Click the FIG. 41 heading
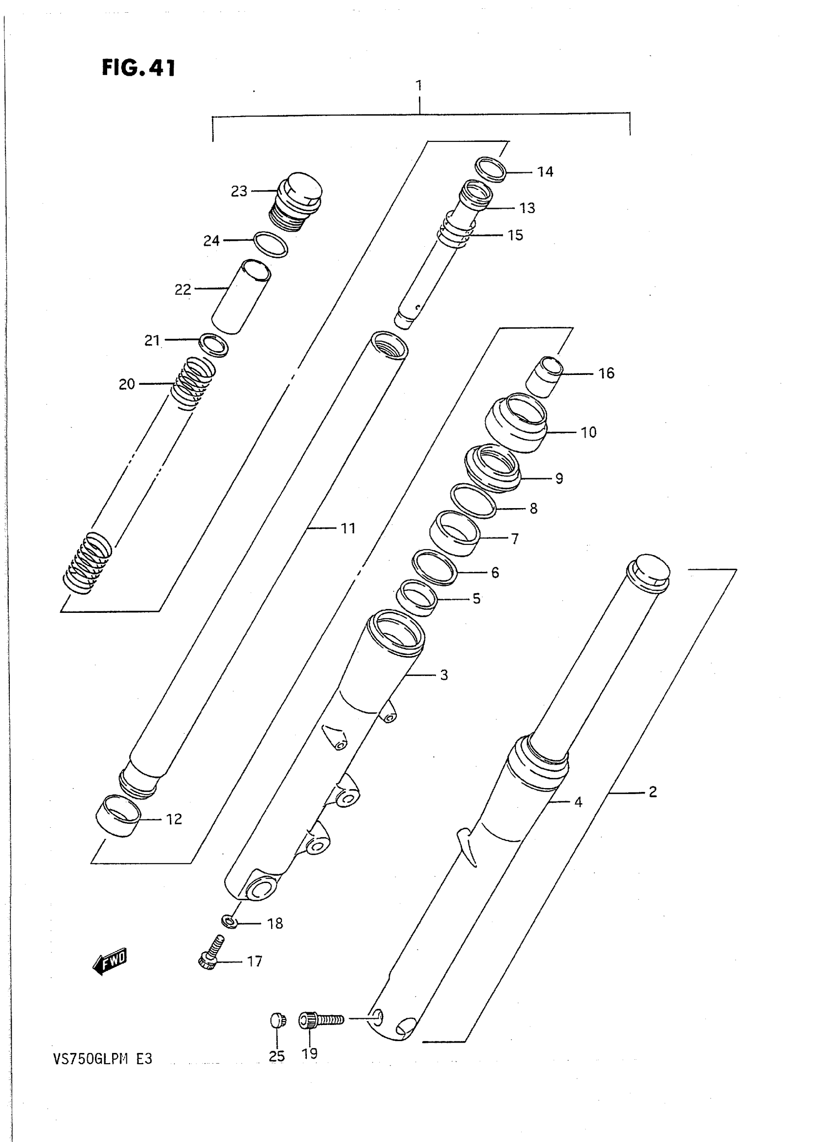139,68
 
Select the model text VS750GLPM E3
103,1058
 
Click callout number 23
239,191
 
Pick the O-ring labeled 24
271,244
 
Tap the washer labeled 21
213,345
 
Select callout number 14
545,172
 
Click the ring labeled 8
473,501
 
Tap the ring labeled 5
416,598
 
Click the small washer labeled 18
230,922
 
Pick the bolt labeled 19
321,1020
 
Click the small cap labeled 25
277,1021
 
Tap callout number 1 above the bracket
419,85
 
